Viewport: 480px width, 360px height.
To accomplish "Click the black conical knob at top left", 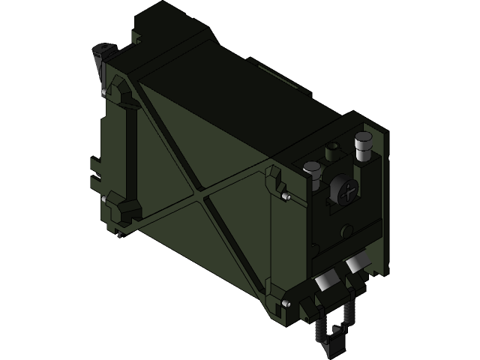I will tap(101, 55).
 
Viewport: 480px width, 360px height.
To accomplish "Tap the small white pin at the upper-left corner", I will tap(102, 91).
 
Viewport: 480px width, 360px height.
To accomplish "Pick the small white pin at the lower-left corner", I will tap(102, 199).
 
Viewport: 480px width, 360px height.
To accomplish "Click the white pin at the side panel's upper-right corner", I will tap(288, 198).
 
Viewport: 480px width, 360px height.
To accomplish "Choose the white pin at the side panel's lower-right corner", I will tap(286, 303).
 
